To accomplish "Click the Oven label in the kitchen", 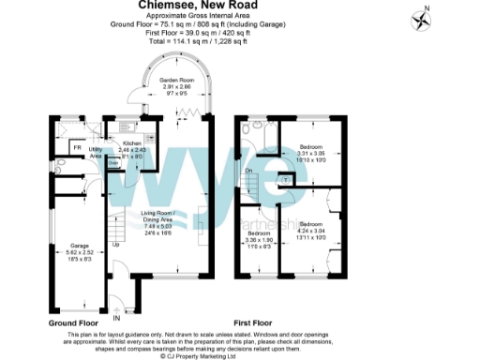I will point(114,162).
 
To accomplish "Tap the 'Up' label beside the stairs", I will point(115,245).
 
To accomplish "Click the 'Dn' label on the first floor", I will point(248,171).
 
